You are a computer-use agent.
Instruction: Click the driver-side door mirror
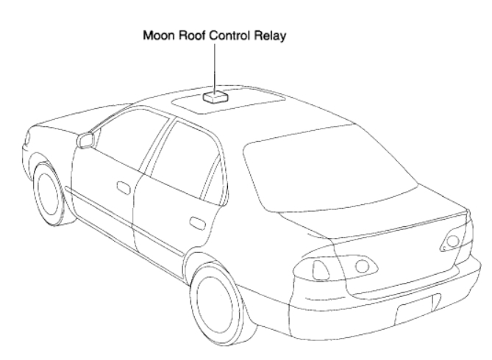87,139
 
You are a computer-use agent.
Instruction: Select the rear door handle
196,223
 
